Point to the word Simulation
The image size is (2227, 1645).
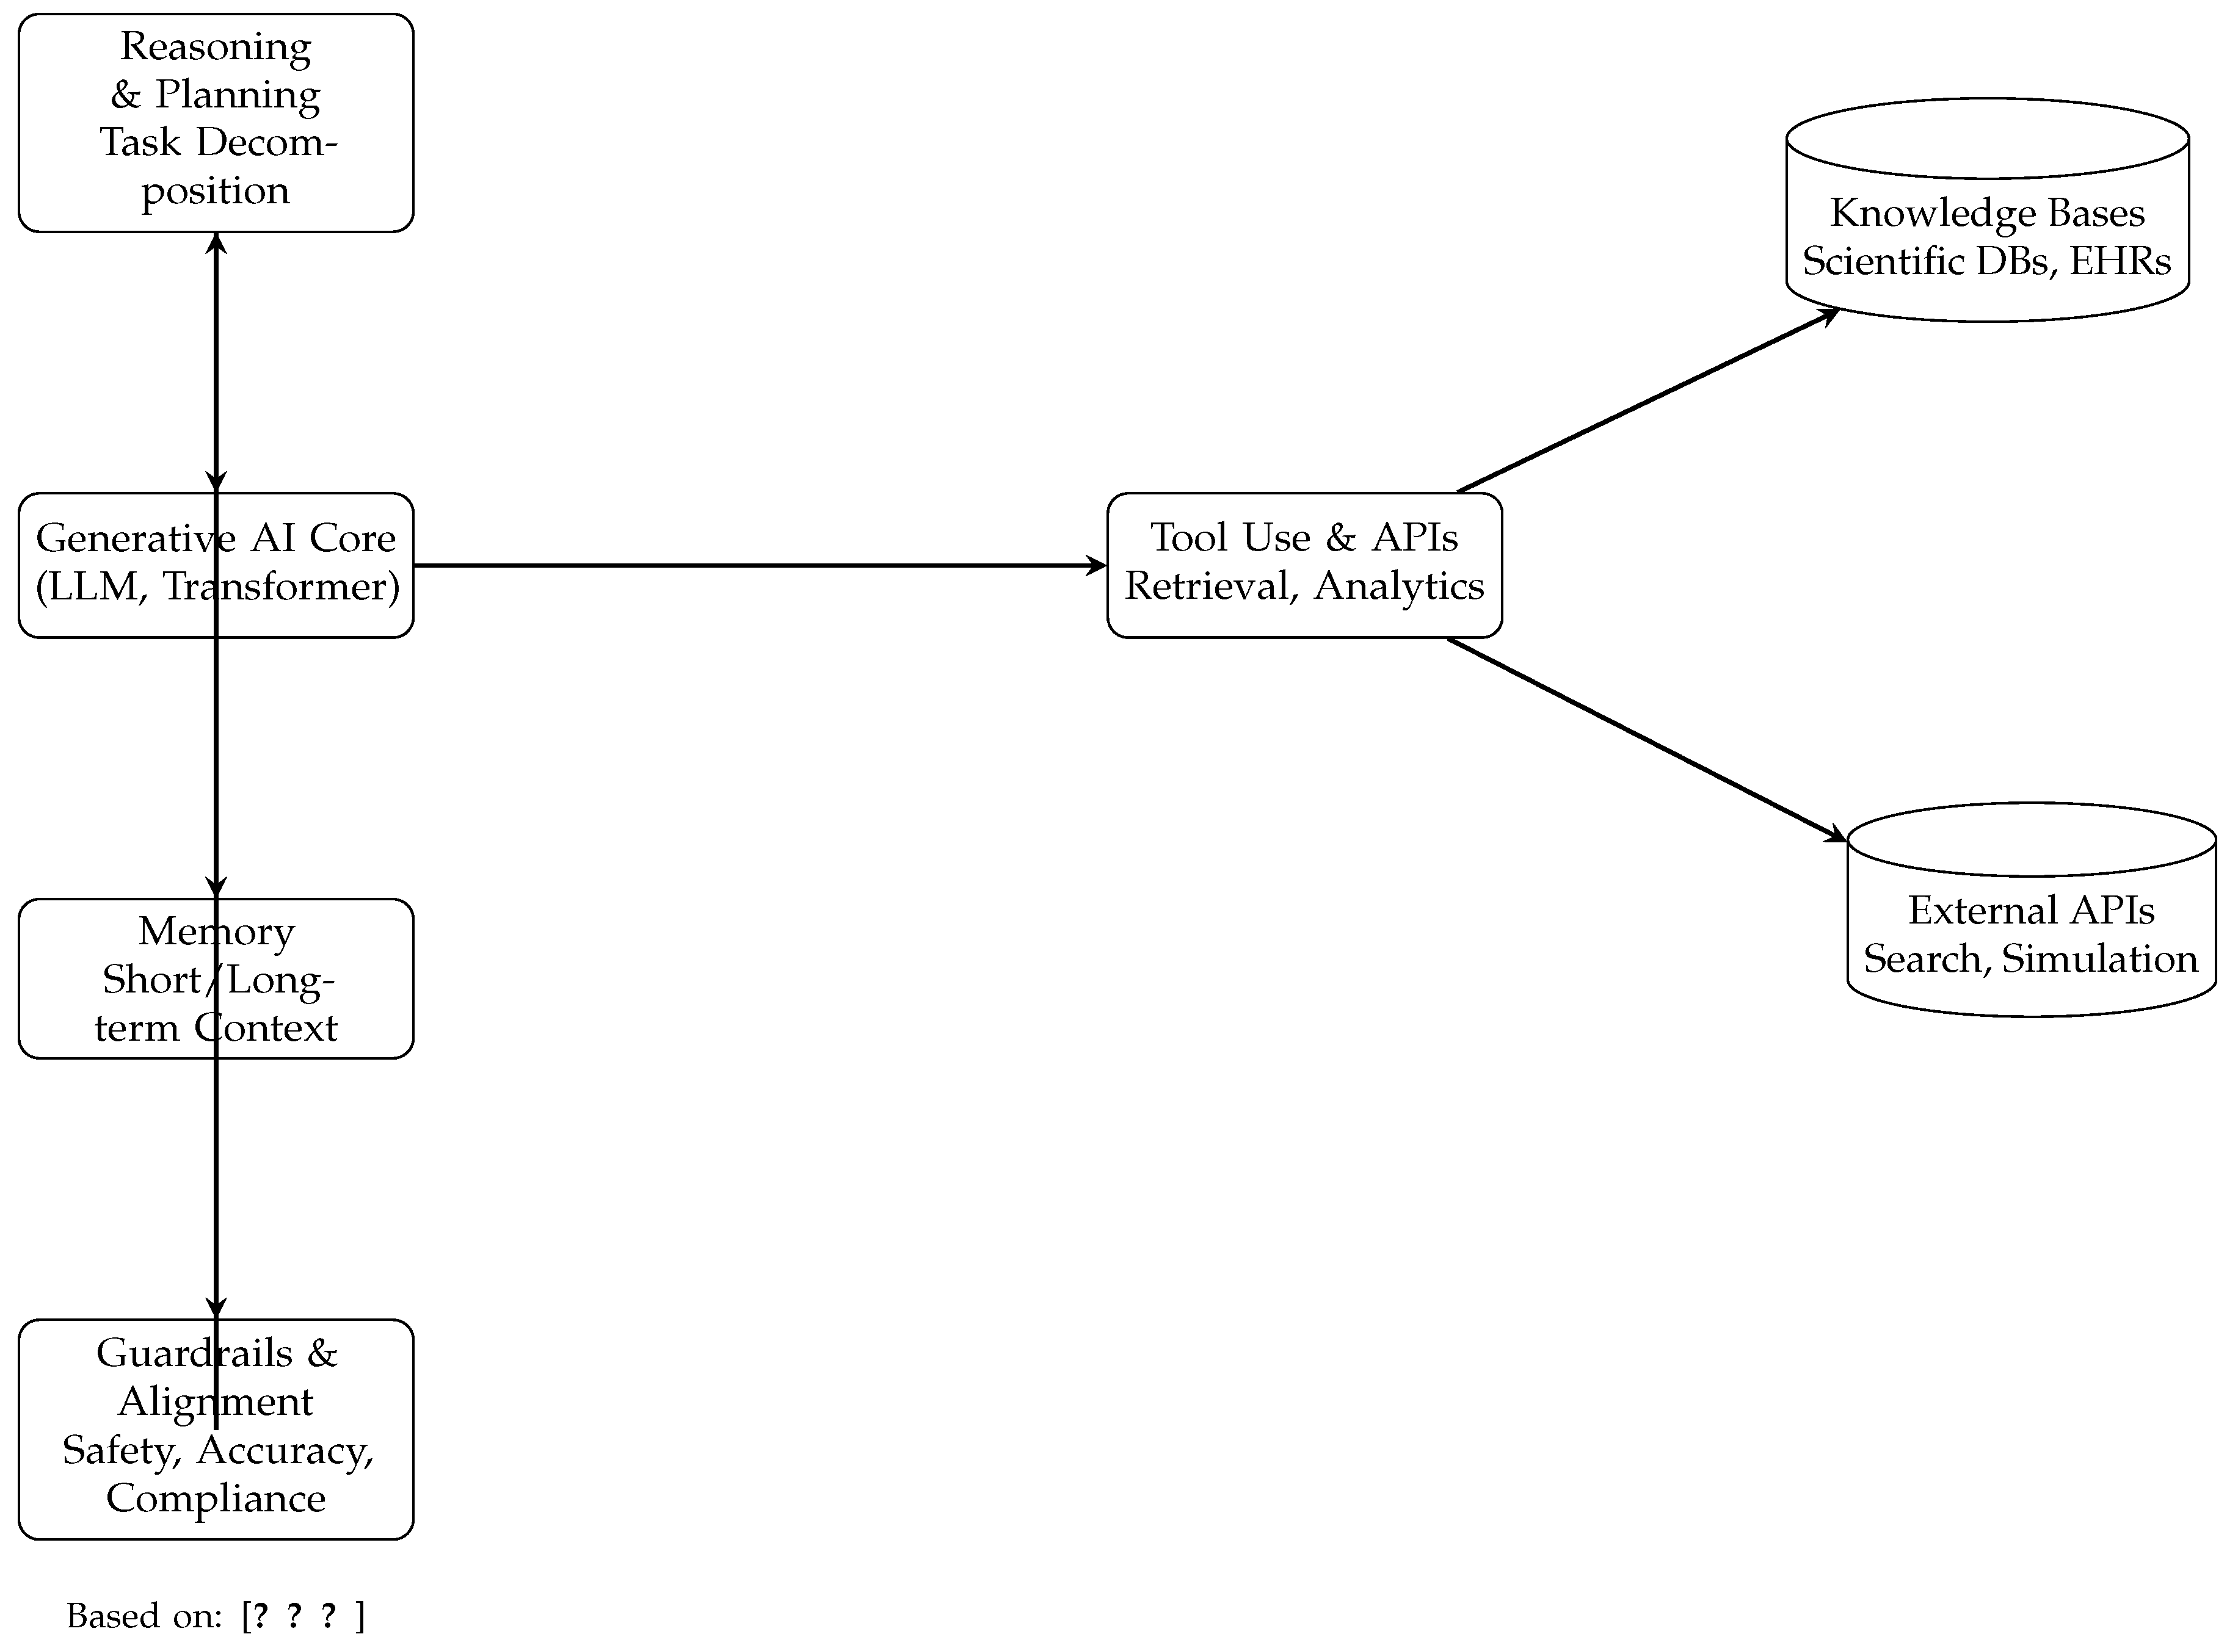point(2099,959)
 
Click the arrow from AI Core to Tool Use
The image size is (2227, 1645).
point(757,566)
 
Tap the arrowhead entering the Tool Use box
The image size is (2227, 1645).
point(1095,566)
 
